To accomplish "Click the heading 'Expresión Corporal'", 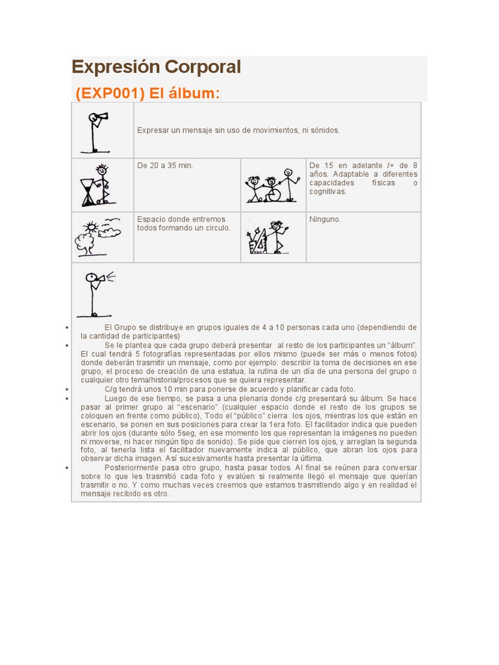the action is coord(156,67).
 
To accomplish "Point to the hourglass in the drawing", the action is coord(88,192).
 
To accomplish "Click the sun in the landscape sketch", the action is coord(91,227).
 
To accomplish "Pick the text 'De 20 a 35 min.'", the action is coord(165,166).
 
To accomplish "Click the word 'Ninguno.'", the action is coord(325,220).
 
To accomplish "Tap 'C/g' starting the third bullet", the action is coord(110,389).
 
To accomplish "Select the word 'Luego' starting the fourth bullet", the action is coord(114,398).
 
